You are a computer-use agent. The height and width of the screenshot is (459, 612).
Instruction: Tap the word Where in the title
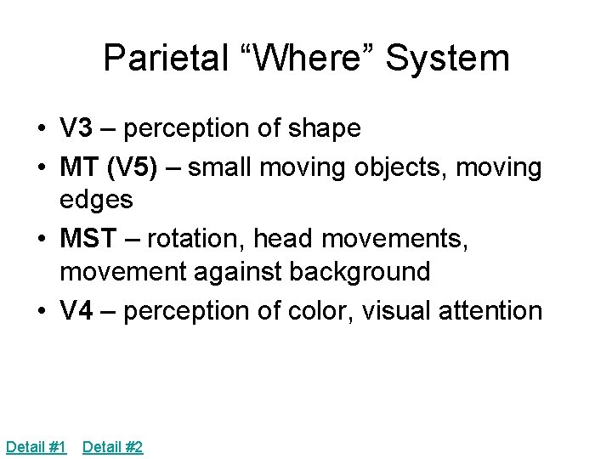click(312, 59)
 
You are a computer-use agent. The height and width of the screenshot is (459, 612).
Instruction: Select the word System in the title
click(447, 59)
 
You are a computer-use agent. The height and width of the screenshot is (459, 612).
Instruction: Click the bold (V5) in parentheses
click(131, 167)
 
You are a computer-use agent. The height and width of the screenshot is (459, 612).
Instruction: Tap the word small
click(220, 167)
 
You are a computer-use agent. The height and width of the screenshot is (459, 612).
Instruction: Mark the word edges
click(96, 200)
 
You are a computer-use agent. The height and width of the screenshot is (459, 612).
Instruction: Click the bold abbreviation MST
click(88, 239)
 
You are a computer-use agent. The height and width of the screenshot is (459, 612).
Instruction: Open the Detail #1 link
click(36, 446)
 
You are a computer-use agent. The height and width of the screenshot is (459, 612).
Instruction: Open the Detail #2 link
click(112, 446)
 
